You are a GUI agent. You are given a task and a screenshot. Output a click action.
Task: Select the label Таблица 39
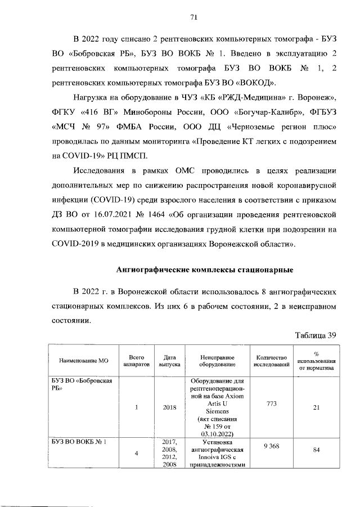pyautogui.click(x=316, y=335)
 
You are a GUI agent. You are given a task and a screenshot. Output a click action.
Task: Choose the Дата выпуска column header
pyautogui.click(x=169, y=360)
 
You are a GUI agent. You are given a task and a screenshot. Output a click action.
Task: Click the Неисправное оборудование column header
pyautogui.click(x=217, y=360)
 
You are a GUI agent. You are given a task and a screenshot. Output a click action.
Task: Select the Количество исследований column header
pyautogui.click(x=272, y=360)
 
